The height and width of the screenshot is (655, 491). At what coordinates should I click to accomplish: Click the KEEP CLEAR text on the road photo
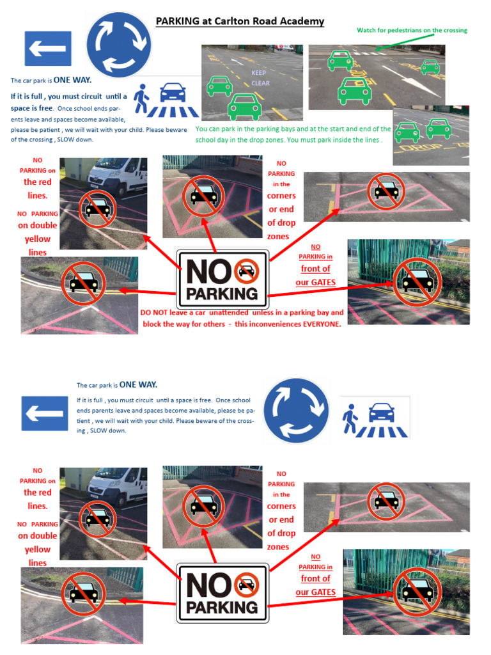(x=260, y=78)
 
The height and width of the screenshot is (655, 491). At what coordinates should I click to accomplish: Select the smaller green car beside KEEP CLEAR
(x=219, y=86)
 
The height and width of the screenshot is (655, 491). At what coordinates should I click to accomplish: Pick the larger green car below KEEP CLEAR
(x=244, y=107)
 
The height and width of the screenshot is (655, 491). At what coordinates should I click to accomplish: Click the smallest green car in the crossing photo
(x=430, y=67)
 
